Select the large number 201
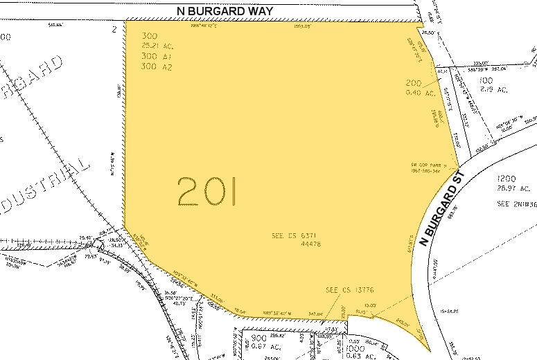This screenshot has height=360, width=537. tap(207, 192)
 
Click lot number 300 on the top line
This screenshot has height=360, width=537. tap(149, 36)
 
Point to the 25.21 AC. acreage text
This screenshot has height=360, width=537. tap(157, 46)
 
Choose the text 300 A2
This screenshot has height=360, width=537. tap(155, 67)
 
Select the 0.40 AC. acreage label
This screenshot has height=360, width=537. tap(420, 93)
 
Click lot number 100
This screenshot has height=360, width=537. tap(487, 80)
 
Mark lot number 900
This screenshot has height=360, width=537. tap(258, 338)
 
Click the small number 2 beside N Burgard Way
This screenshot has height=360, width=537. tap(114, 30)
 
